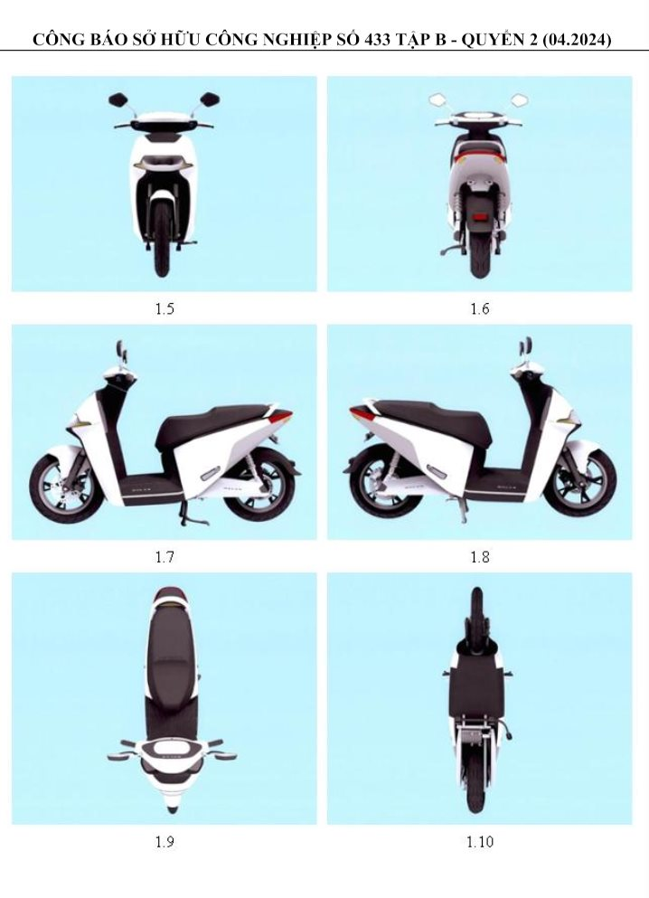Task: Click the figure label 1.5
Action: point(164,309)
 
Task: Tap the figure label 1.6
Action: point(479,309)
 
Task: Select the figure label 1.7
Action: point(164,557)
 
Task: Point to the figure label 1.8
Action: point(479,557)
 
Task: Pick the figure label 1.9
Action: point(164,842)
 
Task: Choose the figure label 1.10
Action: point(479,842)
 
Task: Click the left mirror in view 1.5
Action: point(117,98)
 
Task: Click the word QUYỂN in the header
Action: point(495,40)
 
